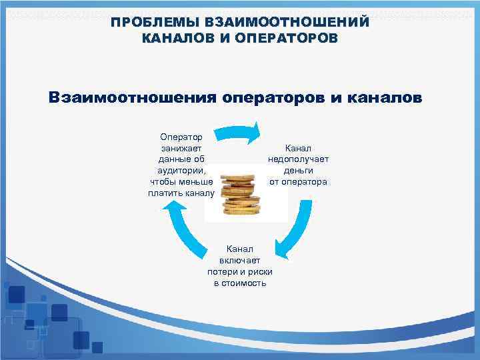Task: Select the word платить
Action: [165, 193]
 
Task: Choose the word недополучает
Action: [298, 159]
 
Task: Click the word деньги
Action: [298, 170]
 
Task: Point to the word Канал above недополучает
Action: [298, 147]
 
